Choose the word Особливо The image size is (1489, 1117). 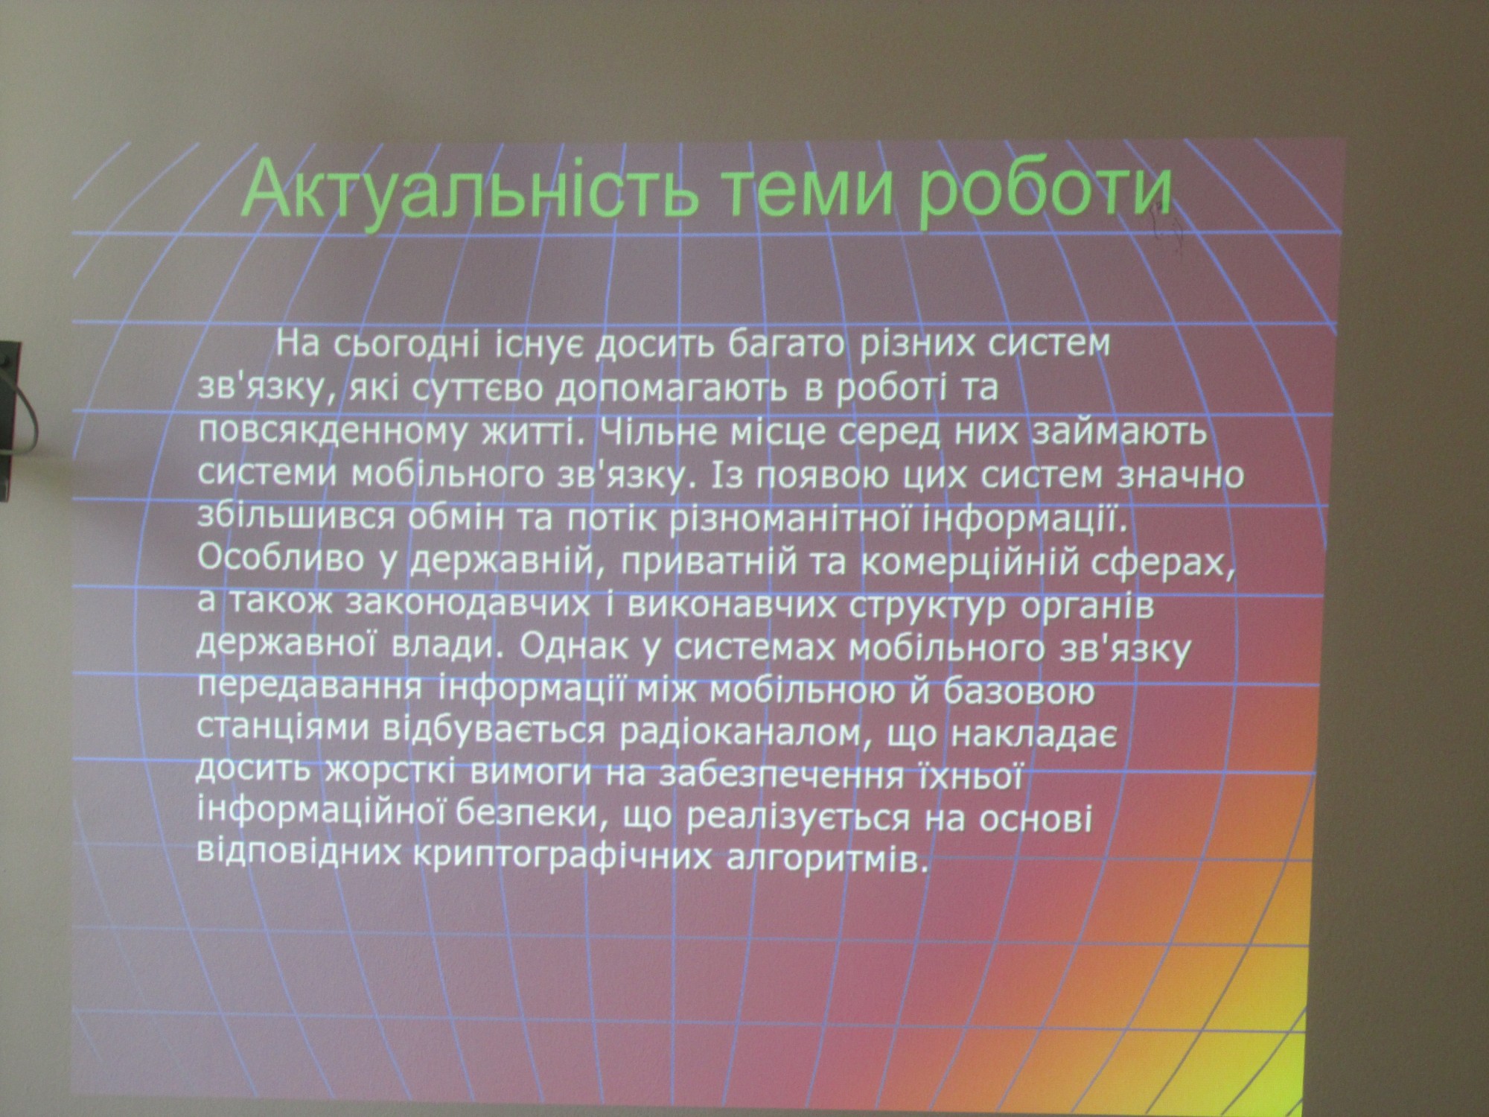(x=282, y=559)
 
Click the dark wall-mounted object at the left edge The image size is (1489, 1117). (x=10, y=420)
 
